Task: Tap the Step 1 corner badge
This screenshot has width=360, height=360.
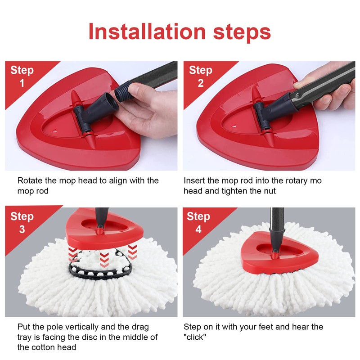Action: pyautogui.click(x=22, y=76)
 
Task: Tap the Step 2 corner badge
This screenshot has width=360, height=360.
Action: pyautogui.click(x=200, y=76)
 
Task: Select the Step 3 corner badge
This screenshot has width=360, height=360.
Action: pyautogui.click(x=22, y=222)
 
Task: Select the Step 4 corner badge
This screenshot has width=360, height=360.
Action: pyautogui.click(x=198, y=222)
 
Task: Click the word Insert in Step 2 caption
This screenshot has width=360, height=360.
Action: pyautogui.click(x=195, y=180)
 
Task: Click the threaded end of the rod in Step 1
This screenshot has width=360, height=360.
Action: pyautogui.click(x=122, y=93)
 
